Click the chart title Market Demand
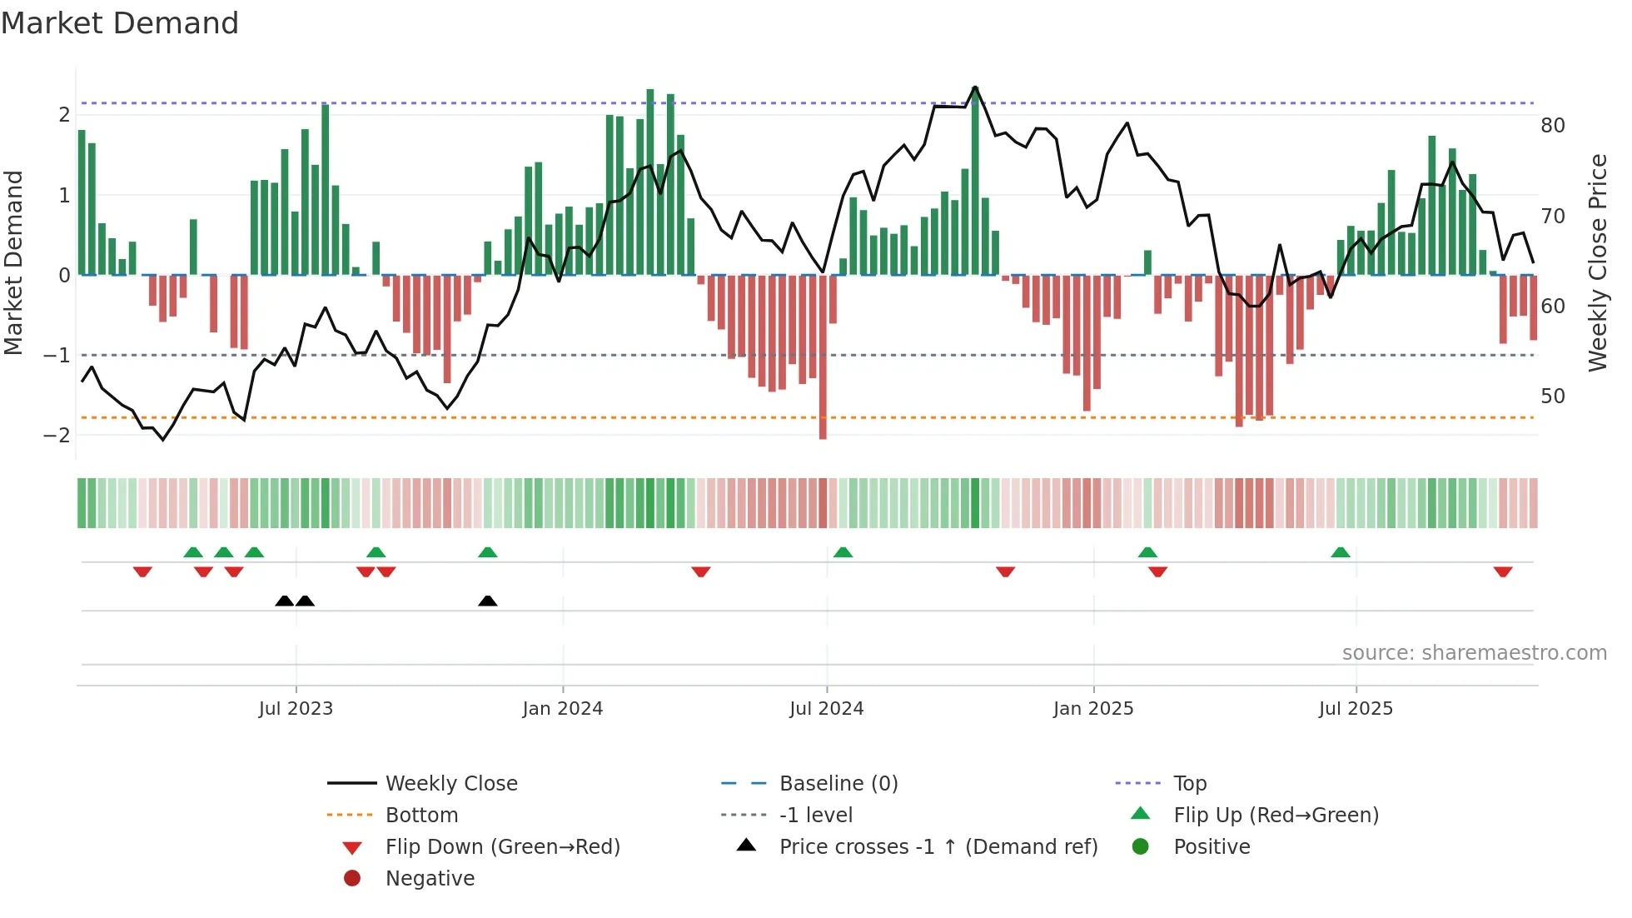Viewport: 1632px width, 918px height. point(120,23)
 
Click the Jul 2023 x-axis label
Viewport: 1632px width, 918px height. point(296,709)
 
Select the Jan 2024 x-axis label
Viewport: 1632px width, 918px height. point(562,709)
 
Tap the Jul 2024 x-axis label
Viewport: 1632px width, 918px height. point(826,709)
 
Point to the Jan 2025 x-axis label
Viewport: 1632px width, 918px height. point(1092,709)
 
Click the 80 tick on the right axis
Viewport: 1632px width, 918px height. point(1552,126)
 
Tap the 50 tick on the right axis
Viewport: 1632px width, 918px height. point(1552,397)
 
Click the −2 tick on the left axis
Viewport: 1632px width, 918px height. point(57,436)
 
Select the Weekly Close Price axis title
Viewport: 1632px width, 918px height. point(1597,262)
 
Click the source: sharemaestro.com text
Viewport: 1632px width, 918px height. point(1474,653)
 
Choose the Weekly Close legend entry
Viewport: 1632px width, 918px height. point(450,784)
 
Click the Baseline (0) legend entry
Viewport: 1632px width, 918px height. point(838,784)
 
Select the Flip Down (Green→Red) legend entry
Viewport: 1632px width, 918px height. point(502,847)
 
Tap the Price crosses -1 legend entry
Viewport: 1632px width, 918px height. point(938,847)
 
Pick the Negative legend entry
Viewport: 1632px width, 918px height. point(430,879)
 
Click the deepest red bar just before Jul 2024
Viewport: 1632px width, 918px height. point(823,358)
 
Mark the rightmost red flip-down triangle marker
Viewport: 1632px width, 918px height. point(1502,572)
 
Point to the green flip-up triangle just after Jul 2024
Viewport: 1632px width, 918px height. point(843,552)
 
